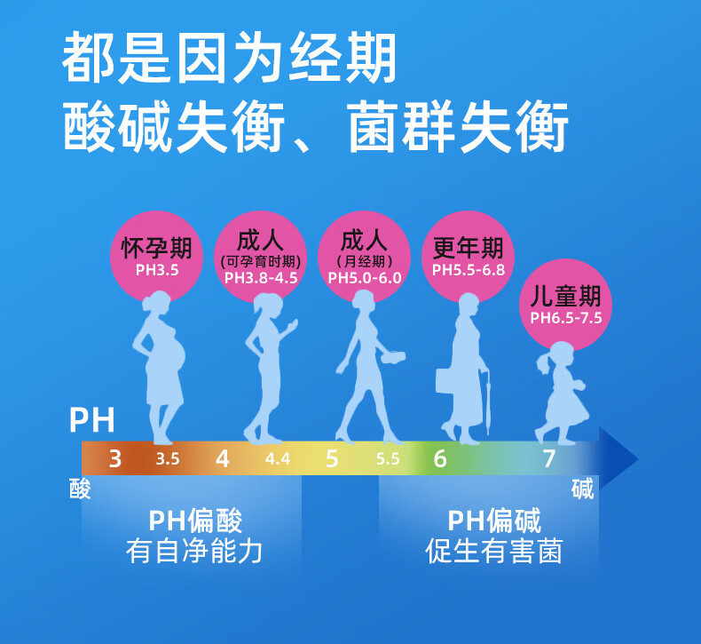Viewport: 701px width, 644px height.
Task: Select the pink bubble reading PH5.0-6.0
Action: [364, 253]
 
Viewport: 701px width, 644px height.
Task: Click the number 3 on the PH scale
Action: [115, 459]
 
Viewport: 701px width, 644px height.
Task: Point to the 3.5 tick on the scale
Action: [168, 459]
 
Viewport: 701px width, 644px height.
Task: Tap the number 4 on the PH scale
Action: [223, 459]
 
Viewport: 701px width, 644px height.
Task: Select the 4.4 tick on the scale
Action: [278, 459]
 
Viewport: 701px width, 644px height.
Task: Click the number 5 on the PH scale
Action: [332, 459]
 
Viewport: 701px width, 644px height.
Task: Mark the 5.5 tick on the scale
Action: [388, 459]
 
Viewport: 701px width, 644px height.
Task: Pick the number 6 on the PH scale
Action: [440, 459]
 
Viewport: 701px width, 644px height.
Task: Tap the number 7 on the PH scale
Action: [548, 459]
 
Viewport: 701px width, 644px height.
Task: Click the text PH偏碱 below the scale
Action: [494, 521]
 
